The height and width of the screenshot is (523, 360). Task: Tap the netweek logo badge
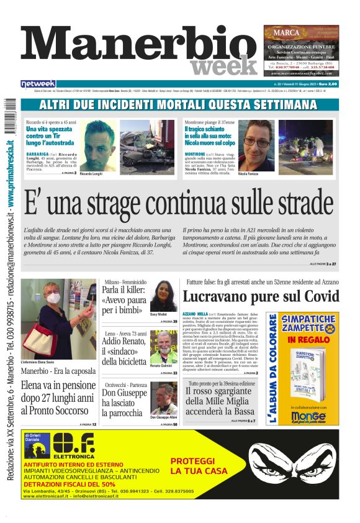[38, 83]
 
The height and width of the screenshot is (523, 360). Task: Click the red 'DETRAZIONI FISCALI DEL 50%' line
[70, 484]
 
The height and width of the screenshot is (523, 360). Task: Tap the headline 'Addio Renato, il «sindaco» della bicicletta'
[124, 352]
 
